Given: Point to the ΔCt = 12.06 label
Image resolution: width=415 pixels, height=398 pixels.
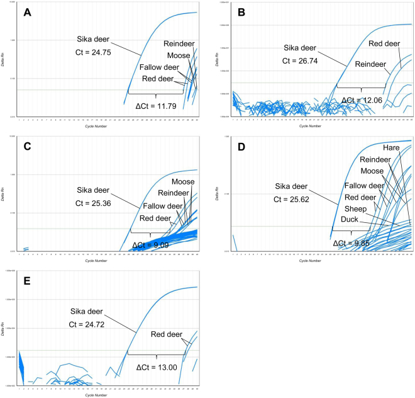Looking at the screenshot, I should point(363,100).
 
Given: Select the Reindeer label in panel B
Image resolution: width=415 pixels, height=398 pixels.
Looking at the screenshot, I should point(372,64).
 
